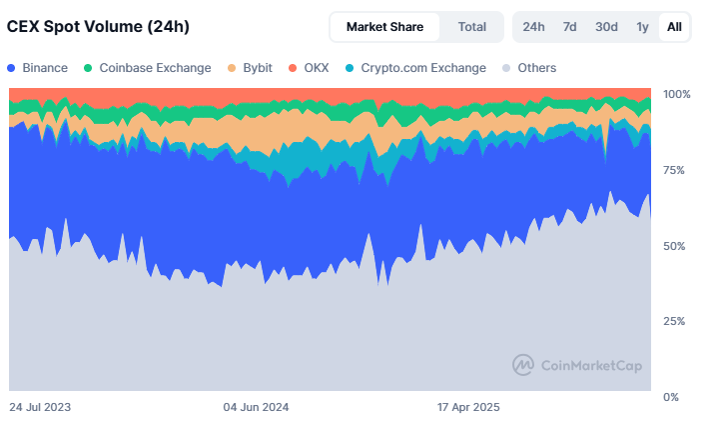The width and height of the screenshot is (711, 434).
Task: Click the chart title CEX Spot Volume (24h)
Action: point(98,27)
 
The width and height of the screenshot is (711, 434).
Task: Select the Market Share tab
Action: point(384,27)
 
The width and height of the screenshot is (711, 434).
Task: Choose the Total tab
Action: point(472,27)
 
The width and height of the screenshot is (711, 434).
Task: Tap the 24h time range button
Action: point(533,27)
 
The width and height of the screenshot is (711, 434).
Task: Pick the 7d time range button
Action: point(569,27)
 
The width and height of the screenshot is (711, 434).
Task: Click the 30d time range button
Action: point(606,27)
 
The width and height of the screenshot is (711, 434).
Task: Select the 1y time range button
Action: point(642,27)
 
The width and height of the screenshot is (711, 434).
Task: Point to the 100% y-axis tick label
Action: point(677,94)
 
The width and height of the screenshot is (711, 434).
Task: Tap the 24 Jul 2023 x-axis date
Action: point(40,408)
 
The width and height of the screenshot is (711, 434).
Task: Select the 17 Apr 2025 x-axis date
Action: point(468,408)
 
